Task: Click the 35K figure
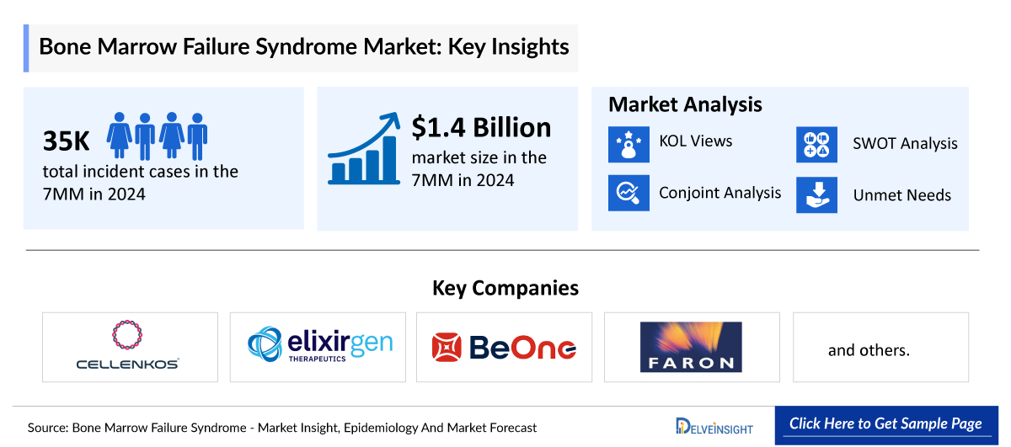tap(67, 141)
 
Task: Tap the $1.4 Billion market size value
tap(481, 127)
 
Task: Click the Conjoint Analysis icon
tap(629, 193)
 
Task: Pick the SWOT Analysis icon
tap(816, 143)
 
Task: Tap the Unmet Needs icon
tap(816, 194)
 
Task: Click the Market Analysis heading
tap(685, 104)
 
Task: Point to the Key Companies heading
tap(505, 288)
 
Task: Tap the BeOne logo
tap(504, 347)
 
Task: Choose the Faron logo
tap(691, 347)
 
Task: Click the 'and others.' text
tap(869, 349)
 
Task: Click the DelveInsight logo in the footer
tap(714, 426)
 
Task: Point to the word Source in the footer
tap(47, 428)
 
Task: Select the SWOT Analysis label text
tap(905, 144)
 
